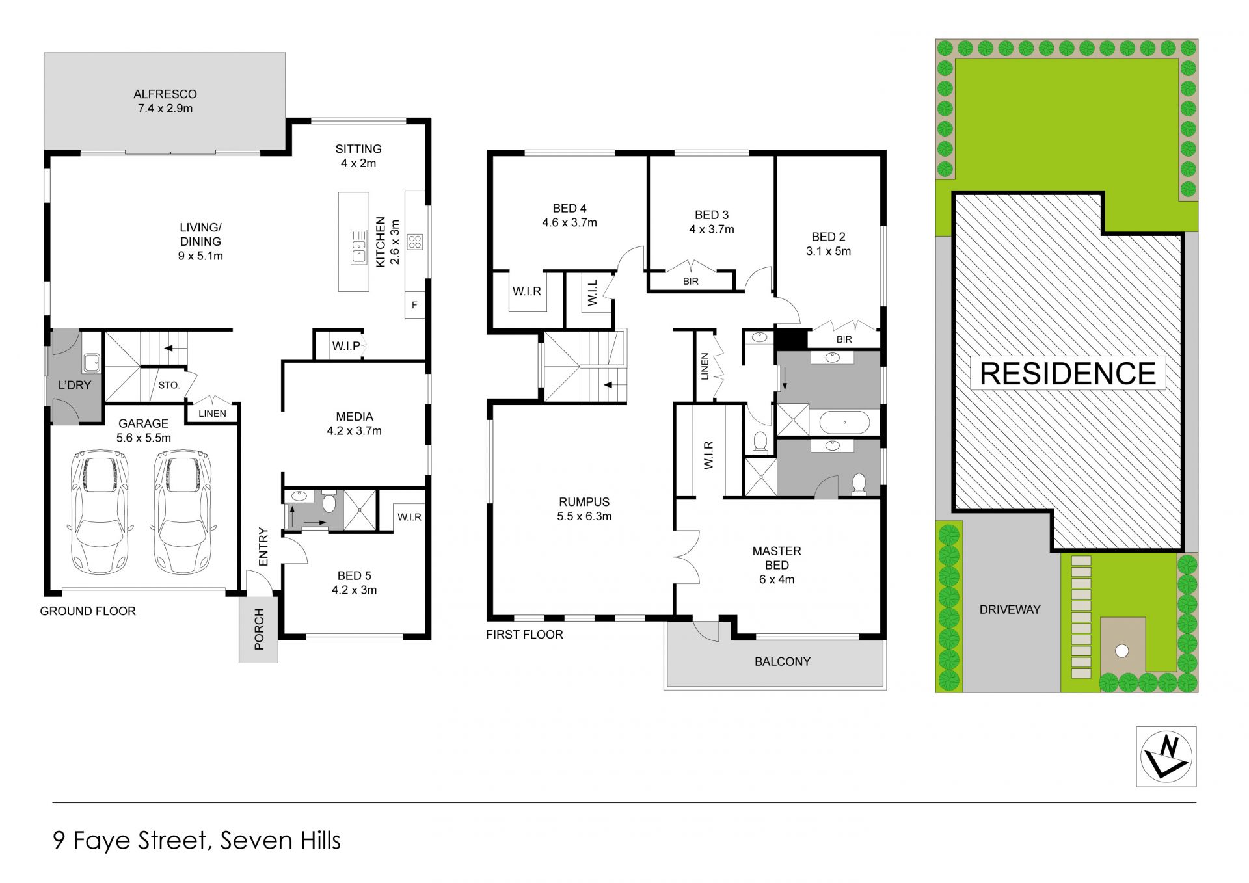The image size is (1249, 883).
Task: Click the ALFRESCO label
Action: point(165,94)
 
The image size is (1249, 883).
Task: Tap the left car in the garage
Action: point(100,512)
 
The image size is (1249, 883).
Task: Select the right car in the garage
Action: point(182,512)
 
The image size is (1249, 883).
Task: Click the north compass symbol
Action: point(1166,756)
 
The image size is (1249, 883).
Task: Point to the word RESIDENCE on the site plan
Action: point(1068,373)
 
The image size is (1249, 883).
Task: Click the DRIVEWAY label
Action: point(1010,609)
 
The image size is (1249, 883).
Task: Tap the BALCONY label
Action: point(783,661)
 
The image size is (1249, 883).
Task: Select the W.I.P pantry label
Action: point(346,346)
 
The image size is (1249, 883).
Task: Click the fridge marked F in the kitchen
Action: point(414,305)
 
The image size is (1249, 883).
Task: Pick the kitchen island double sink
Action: point(358,246)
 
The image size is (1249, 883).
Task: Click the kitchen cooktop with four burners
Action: point(415,243)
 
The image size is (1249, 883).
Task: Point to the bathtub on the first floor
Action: point(844,423)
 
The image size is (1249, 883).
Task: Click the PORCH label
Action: point(259,629)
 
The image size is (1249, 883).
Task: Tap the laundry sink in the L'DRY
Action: point(92,362)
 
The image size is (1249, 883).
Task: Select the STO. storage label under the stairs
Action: point(169,385)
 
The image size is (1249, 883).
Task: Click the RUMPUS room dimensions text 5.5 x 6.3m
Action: point(584,516)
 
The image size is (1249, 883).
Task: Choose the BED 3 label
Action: point(712,215)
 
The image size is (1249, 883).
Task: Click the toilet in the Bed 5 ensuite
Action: point(329,502)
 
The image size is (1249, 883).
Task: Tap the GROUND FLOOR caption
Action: point(88,611)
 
